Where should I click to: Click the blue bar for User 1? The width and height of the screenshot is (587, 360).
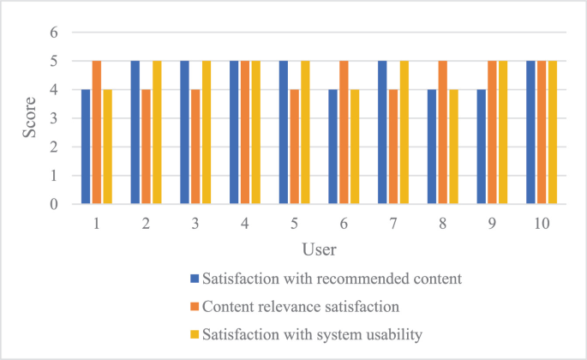point(85,147)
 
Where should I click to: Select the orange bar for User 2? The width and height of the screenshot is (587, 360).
point(147,147)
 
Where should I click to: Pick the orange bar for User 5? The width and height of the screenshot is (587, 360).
point(295,147)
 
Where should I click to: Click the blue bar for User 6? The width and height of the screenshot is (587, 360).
point(332,147)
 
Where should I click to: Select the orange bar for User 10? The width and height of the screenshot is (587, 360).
point(542,133)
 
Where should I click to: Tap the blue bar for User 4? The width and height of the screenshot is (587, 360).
point(233,133)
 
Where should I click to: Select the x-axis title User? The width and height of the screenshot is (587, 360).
point(318,250)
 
